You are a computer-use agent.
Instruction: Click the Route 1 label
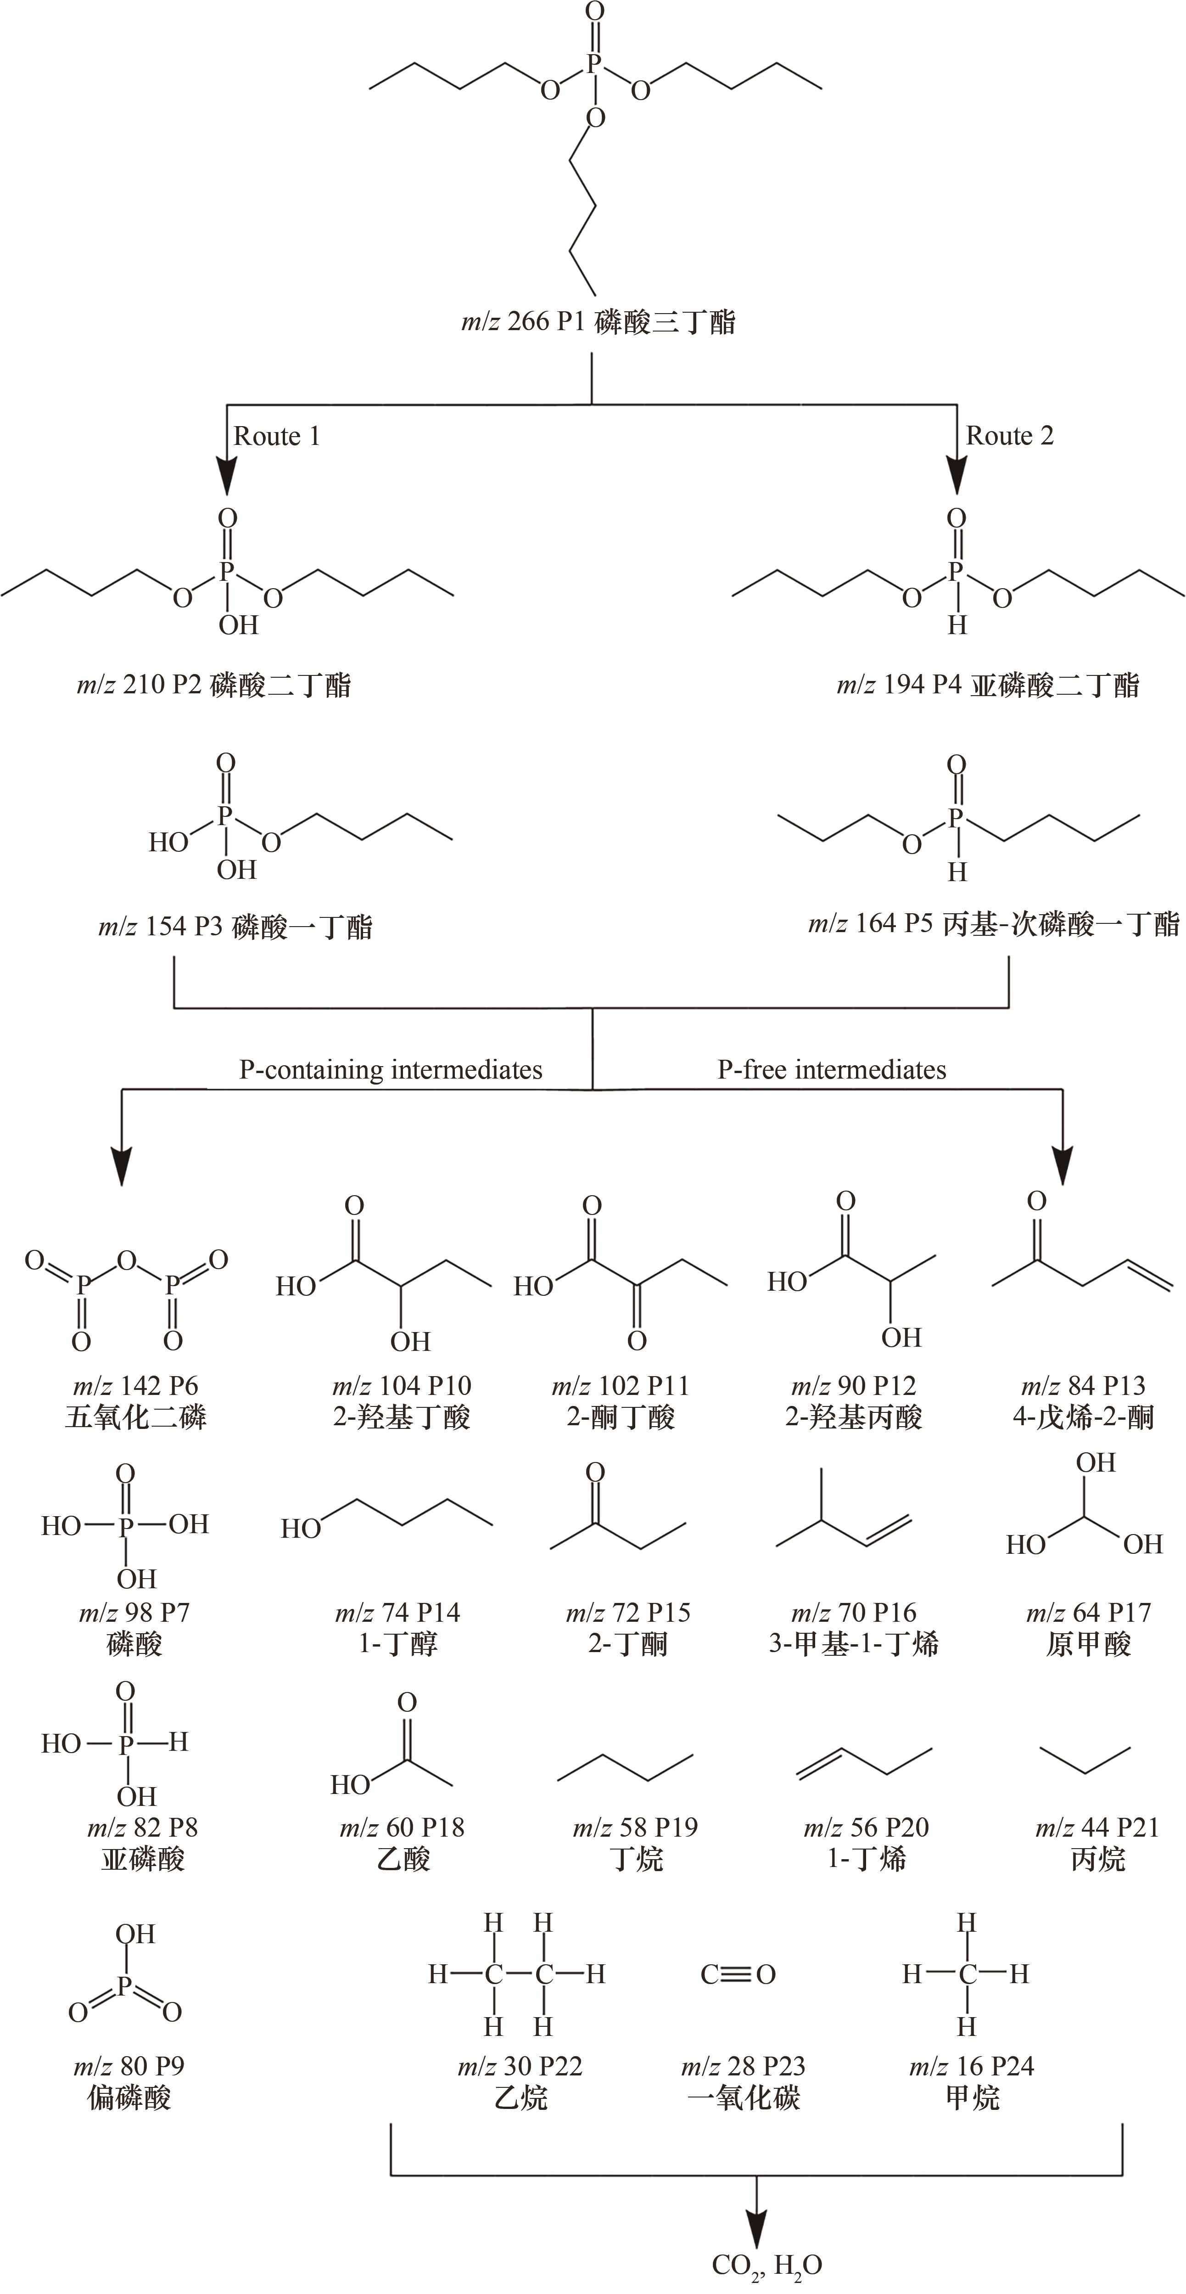tap(276, 436)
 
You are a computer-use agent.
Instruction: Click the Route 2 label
tap(1010, 436)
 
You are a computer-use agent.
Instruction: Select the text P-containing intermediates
tap(391, 1069)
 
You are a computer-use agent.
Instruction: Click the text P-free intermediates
tap(832, 1069)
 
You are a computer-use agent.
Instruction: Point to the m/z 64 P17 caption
tap(1088, 1613)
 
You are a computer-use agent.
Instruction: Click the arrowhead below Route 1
tap(228, 475)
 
